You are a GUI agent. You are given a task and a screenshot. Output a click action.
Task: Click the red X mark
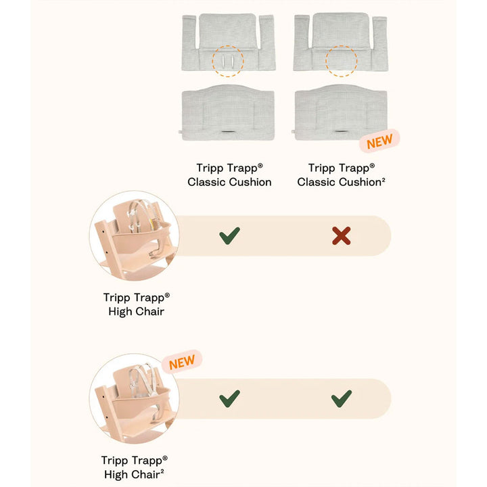[342, 236]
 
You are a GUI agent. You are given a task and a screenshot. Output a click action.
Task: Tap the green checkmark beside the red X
[229, 236]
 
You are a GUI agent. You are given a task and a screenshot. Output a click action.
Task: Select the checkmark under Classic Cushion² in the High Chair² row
[342, 398]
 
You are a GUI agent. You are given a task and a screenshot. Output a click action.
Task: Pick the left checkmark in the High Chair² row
[229, 398]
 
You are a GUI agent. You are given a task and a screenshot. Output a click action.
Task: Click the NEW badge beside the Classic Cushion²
[379, 141]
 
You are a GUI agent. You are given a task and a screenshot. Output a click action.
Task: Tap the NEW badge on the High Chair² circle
[182, 362]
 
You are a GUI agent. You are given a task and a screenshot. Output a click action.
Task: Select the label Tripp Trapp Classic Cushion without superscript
[229, 175]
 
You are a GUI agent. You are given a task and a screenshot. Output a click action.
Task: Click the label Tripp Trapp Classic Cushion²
[342, 175]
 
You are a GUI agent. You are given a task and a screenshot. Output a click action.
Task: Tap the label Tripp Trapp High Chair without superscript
[137, 304]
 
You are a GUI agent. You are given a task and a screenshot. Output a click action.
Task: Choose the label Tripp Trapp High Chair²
[134, 467]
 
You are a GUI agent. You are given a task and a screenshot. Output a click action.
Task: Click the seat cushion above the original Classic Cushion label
[228, 112]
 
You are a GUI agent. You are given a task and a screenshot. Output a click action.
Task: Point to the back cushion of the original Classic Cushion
[229, 42]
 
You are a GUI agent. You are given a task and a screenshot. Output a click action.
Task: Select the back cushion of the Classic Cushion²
[341, 42]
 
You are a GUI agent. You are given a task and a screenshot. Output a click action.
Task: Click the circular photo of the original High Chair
[134, 235]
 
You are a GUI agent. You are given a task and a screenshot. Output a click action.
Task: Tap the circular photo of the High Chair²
[134, 398]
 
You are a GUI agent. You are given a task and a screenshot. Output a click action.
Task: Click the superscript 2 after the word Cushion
[384, 179]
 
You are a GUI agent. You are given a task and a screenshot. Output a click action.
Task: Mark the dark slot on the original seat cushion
[229, 132]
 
